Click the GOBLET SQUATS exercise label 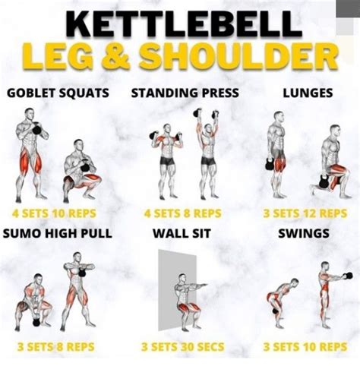point(58,93)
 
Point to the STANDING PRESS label point(185,93)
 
